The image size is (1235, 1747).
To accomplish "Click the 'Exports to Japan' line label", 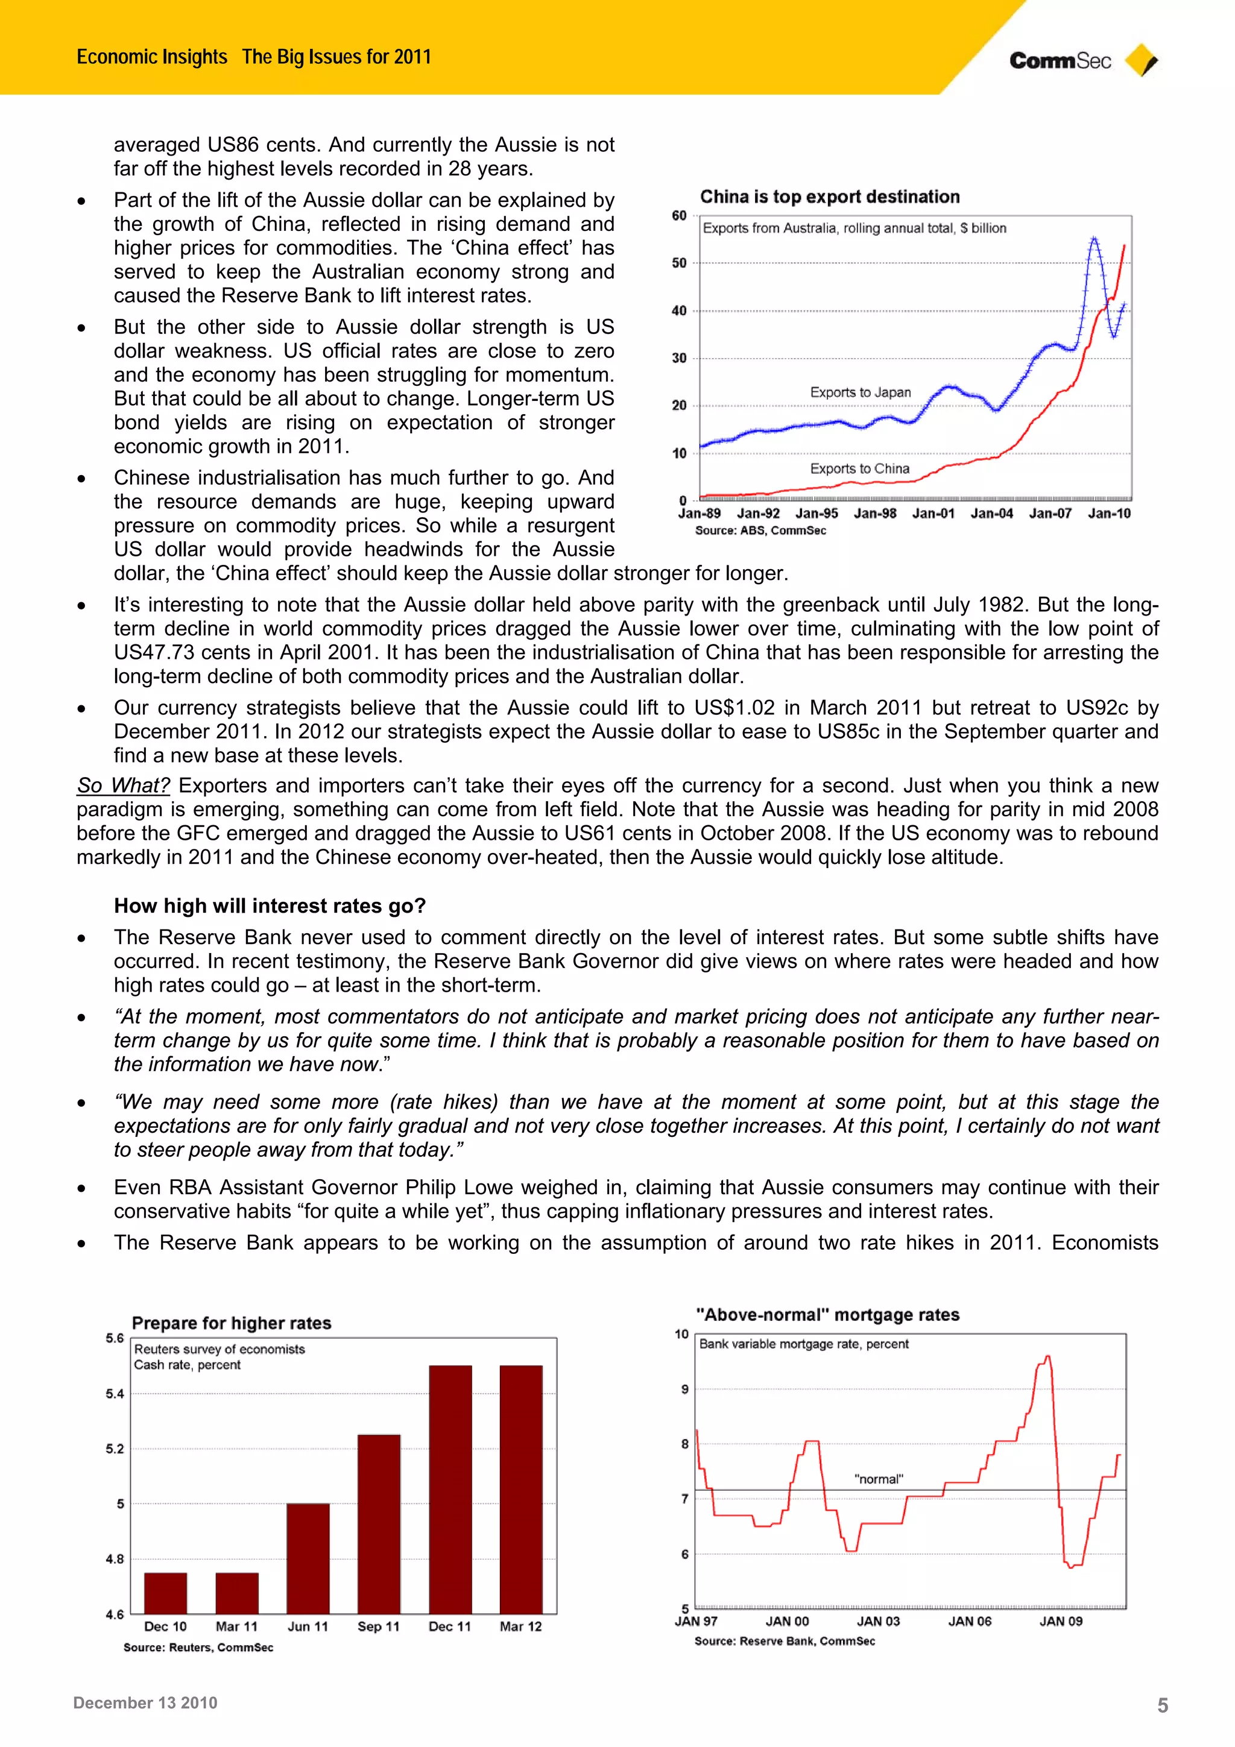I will [x=860, y=392].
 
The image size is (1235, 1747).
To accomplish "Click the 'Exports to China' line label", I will [x=859, y=469].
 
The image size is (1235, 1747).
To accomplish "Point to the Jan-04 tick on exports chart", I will [x=991, y=514].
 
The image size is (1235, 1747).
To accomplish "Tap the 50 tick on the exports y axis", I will [x=679, y=263].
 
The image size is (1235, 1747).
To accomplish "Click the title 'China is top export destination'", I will [x=829, y=197].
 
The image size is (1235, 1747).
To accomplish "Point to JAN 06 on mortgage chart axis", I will [x=970, y=1622].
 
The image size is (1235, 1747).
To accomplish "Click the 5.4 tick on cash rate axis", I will [x=115, y=1394].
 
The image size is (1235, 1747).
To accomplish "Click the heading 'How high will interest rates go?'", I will [x=270, y=905].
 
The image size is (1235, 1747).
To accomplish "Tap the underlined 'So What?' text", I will [x=123, y=785].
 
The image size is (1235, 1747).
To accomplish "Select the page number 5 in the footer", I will [x=1162, y=1705].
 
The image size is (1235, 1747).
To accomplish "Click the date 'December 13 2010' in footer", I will [x=145, y=1703].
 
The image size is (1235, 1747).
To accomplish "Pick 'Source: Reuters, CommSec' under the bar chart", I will [x=198, y=1648].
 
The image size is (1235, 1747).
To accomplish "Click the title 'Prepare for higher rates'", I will [x=232, y=1323].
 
